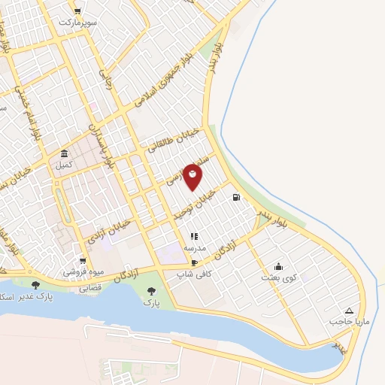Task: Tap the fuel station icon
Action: tap(238, 198)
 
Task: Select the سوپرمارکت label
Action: tap(79, 22)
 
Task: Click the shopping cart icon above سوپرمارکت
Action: tap(78, 11)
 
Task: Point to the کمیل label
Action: tap(64, 163)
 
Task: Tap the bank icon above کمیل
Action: tap(64, 153)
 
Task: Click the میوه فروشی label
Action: tap(79, 271)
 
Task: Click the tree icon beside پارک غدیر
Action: tap(36, 285)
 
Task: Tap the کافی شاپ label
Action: tap(195, 275)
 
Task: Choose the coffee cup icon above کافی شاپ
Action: tap(195, 263)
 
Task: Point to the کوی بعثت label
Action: tap(279, 277)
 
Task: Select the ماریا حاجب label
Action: tap(348, 322)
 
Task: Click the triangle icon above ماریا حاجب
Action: tap(349, 310)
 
